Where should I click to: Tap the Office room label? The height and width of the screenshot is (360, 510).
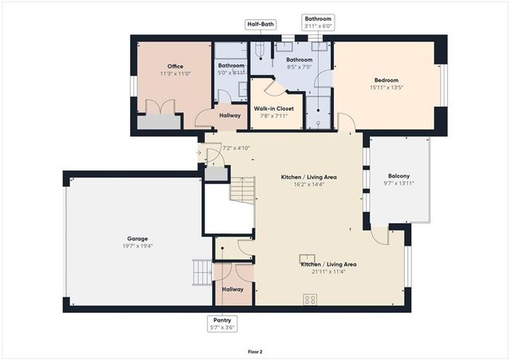(x=175, y=66)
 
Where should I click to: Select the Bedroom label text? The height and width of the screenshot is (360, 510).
(x=386, y=80)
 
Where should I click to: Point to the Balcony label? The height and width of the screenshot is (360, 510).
(x=399, y=175)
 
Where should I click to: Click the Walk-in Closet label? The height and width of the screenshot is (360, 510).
(x=274, y=108)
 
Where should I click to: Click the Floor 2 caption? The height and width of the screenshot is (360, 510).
(x=255, y=350)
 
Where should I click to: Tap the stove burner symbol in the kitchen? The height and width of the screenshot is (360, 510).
(x=309, y=299)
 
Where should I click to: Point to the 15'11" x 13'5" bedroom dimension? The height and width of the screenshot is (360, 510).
(x=386, y=88)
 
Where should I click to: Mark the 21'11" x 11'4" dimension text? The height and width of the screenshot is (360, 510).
(x=328, y=271)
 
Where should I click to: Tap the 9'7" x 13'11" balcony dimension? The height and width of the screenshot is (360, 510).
(x=399, y=183)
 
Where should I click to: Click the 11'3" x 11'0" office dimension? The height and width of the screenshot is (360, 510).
(x=175, y=73)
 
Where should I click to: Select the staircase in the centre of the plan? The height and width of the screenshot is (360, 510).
(x=242, y=190)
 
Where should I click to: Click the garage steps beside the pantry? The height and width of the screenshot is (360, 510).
(x=202, y=273)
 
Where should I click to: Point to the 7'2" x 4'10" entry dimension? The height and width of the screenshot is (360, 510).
(x=237, y=147)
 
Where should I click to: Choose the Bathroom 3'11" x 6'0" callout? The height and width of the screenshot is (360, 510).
(x=318, y=22)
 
